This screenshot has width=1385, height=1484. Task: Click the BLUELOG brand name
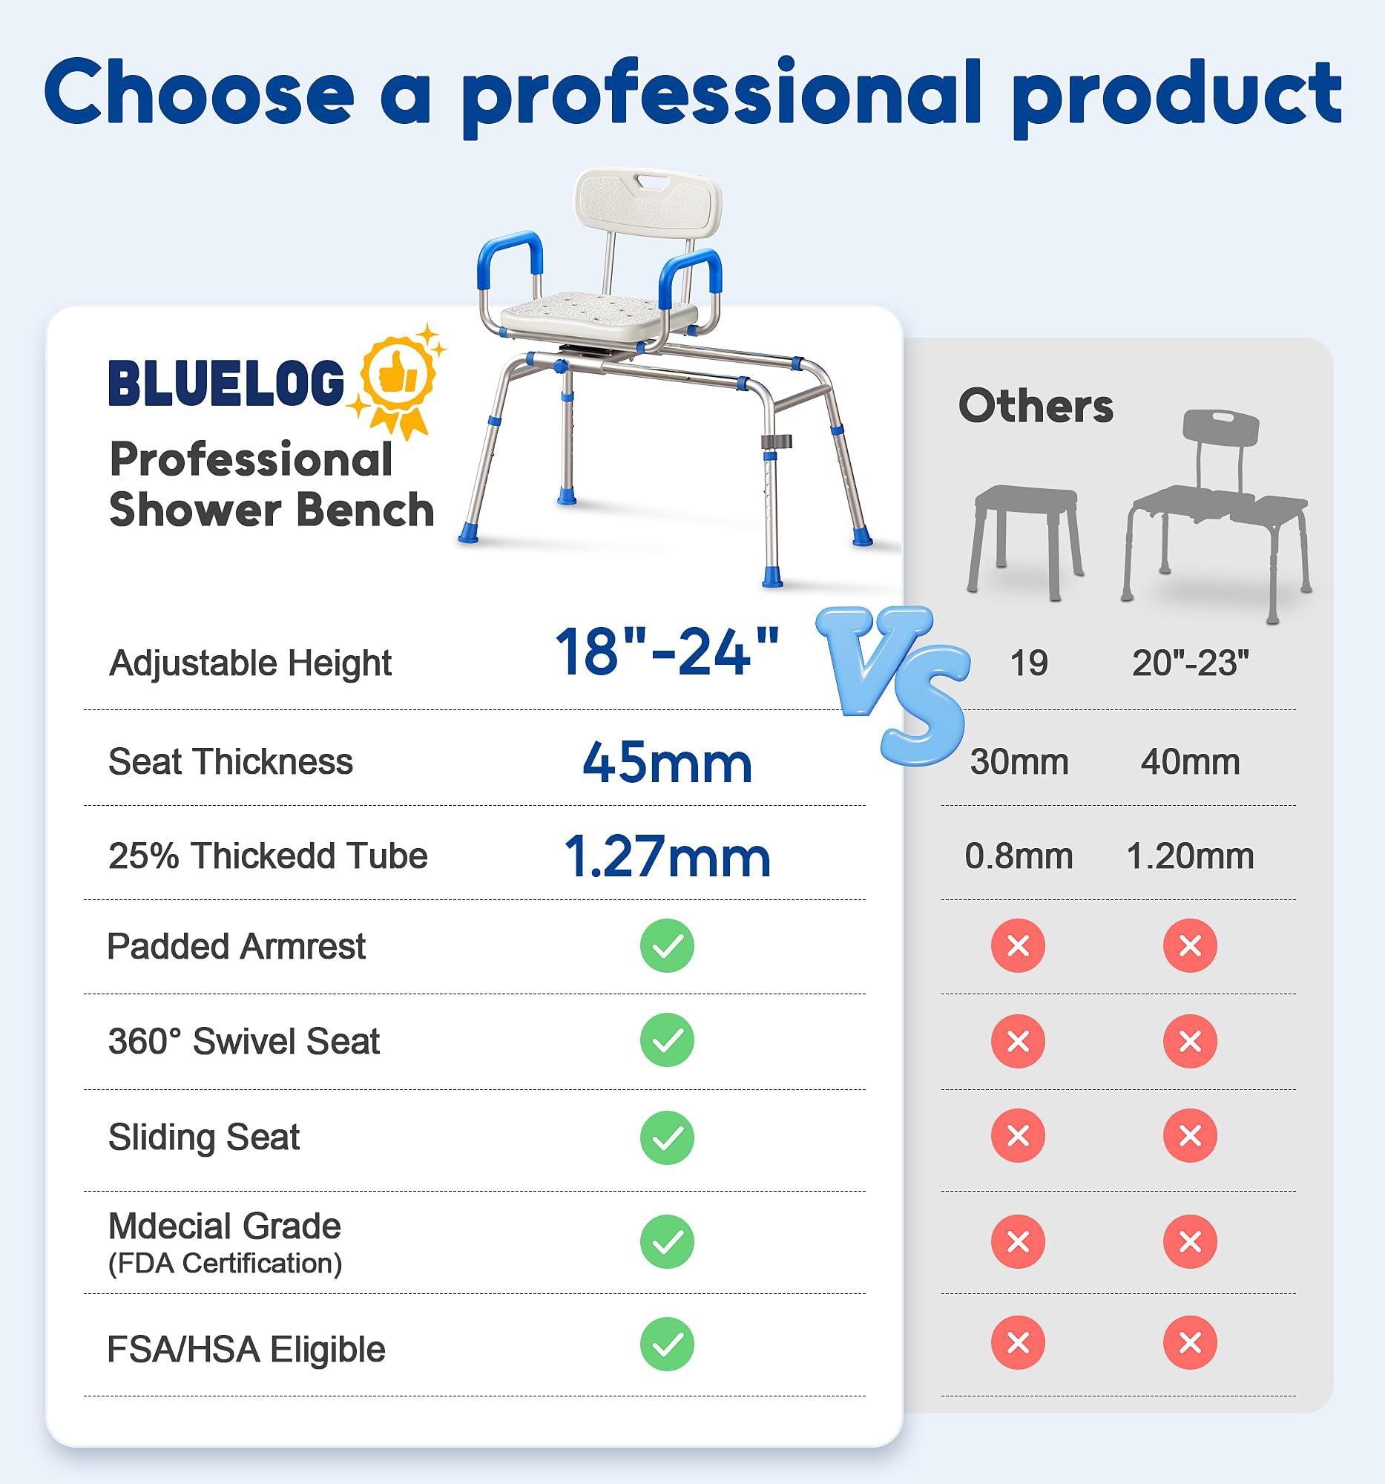click(226, 382)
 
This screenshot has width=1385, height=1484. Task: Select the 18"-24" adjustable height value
click(666, 652)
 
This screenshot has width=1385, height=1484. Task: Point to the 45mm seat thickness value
click(666, 763)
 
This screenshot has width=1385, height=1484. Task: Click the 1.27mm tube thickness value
click(666, 856)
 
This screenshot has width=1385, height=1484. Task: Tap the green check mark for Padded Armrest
click(666, 946)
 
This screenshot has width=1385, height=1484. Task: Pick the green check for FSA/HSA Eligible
click(666, 1345)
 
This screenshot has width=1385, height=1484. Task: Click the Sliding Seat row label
click(204, 1137)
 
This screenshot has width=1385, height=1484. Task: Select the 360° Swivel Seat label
click(244, 1040)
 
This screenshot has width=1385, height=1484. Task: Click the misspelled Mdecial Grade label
click(225, 1226)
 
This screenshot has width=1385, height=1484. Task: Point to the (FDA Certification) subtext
click(225, 1263)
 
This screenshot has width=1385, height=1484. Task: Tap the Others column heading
click(1035, 406)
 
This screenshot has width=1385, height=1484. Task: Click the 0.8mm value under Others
click(1019, 856)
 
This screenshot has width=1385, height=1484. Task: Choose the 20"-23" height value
click(1190, 663)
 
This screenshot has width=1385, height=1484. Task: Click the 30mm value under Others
click(1019, 762)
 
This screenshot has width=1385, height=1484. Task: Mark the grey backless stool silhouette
click(1025, 537)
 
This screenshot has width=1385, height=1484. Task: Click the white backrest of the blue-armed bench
click(647, 202)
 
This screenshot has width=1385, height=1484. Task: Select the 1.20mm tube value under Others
click(1190, 856)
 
